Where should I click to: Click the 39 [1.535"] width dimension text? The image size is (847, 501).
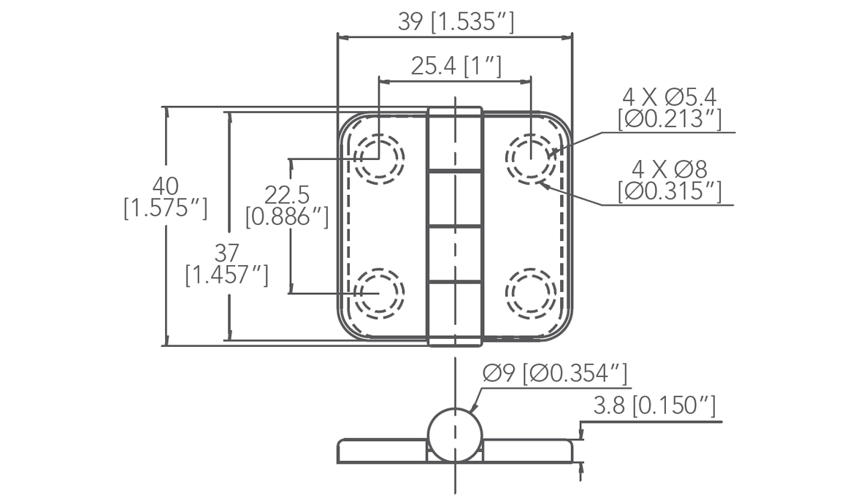456,22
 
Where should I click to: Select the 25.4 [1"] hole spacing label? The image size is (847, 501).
456,66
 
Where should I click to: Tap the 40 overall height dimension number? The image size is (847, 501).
165,186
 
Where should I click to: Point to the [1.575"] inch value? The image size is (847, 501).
165,208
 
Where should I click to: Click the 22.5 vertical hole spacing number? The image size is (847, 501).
287,194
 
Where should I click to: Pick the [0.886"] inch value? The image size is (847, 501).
287,216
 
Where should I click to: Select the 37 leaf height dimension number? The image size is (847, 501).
227,253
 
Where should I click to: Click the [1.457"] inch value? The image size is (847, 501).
227,275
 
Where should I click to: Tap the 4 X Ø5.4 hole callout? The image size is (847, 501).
670,98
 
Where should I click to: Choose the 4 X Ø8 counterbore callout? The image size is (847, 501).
670,169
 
